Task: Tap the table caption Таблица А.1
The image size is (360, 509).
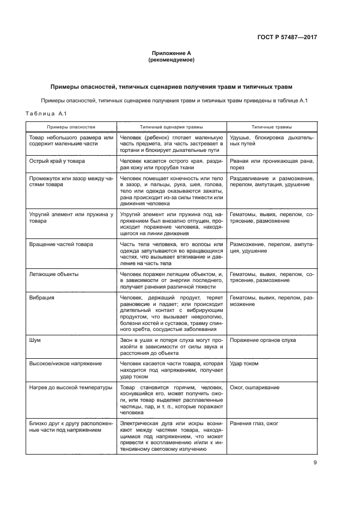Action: pos(46,113)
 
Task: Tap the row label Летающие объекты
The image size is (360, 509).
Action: pos(53,274)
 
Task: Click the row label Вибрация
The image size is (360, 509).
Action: pos(41,298)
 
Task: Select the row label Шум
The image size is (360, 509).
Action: pos(35,340)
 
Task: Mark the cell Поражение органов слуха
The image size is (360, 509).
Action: pos(263,340)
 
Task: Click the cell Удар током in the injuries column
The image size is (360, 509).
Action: pos(245,363)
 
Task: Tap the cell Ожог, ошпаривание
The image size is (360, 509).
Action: pos(255,387)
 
